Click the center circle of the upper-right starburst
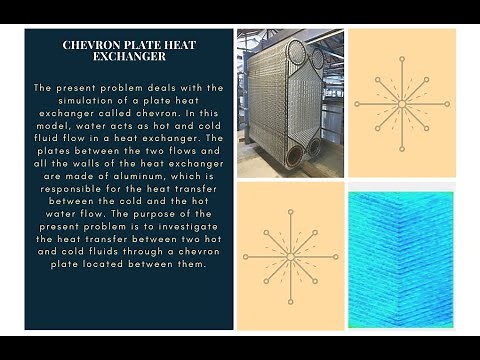click(402, 103)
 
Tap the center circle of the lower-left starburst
click(290, 256)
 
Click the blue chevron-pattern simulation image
click(401, 257)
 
